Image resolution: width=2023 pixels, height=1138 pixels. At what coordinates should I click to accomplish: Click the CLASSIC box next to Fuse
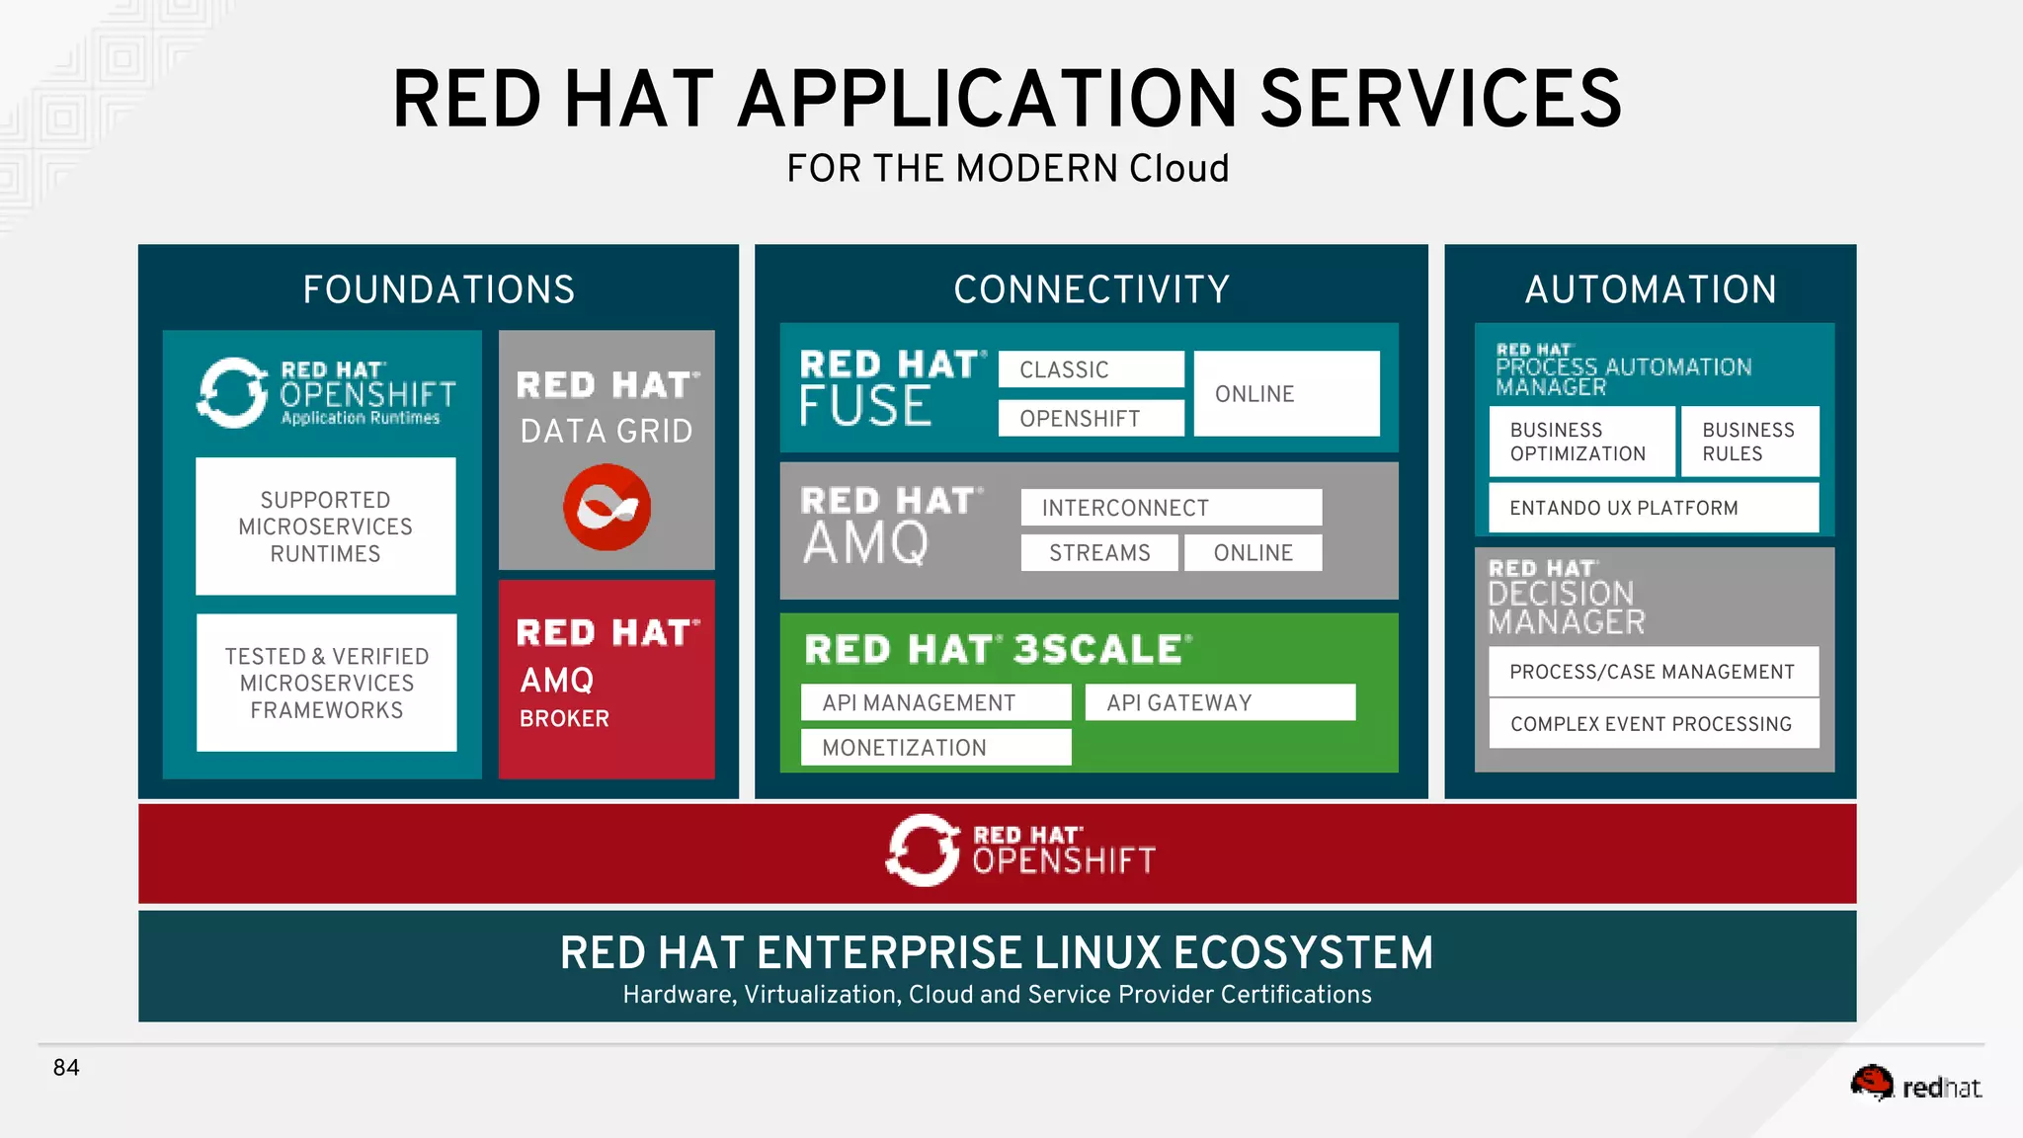[1091, 369]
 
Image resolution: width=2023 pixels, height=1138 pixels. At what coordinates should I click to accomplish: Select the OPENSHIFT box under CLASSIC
[1091, 418]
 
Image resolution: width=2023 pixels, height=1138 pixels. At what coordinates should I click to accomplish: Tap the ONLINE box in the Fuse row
[1286, 393]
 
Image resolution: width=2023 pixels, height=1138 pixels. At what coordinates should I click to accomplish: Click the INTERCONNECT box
[1171, 508]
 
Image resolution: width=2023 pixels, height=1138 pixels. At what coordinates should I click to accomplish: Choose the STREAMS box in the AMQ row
[1099, 552]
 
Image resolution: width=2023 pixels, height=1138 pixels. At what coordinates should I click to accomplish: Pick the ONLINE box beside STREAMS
[1253, 552]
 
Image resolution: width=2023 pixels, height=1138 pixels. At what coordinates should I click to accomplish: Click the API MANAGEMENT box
[935, 702]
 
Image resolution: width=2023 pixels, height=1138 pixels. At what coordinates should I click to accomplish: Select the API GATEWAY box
[1219, 702]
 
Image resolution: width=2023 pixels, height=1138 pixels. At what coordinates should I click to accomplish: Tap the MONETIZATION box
[935, 748]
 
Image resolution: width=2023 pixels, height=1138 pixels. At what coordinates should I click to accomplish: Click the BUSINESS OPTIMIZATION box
[1581, 442]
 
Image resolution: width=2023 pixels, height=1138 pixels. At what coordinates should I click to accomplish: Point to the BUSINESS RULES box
[1749, 442]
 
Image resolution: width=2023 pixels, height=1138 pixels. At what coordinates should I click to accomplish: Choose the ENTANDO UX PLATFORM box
[1653, 508]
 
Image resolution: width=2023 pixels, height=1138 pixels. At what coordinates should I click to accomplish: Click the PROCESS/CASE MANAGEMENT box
[1653, 672]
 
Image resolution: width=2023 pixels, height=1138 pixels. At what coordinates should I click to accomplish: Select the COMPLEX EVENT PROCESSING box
[1653, 724]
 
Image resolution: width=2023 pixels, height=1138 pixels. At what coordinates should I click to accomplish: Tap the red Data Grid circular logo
[607, 508]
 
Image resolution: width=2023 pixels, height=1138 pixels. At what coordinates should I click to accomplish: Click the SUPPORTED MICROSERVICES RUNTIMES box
[325, 527]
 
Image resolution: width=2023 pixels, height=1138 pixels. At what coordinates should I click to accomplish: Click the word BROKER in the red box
[565, 719]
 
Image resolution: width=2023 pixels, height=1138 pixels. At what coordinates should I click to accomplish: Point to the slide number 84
[66, 1068]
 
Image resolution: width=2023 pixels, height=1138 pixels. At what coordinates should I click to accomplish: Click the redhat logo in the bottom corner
[1915, 1086]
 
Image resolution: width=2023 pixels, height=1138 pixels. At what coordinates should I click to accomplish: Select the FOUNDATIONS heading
[439, 289]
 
